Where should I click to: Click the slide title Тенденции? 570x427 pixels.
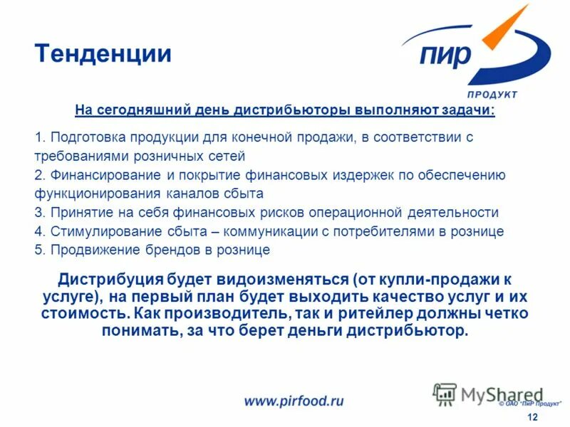point(103,54)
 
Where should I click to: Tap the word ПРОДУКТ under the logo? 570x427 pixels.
point(492,95)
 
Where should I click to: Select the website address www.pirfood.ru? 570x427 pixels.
point(294,401)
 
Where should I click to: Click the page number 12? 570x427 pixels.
point(532,416)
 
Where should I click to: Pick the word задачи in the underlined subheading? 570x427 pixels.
point(468,112)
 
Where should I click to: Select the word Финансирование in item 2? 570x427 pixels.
point(95,174)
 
